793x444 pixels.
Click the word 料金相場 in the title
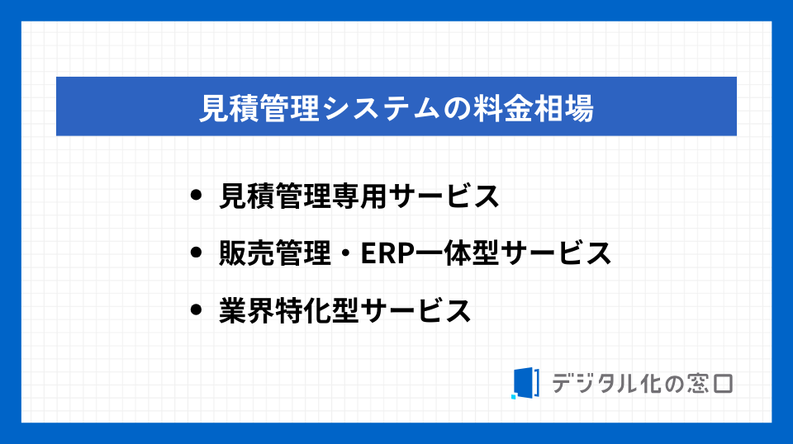pyautogui.click(x=534, y=108)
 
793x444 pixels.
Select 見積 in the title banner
pyautogui.click(x=229, y=108)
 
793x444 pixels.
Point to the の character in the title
pyautogui.click(x=457, y=109)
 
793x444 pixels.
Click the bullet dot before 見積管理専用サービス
pyautogui.click(x=196, y=195)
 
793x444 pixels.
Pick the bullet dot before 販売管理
pyautogui.click(x=196, y=252)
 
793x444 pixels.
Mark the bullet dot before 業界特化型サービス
pyautogui.click(x=196, y=309)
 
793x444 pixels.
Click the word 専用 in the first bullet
pyautogui.click(x=359, y=196)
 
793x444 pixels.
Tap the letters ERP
pyautogui.click(x=387, y=253)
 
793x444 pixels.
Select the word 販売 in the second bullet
pyautogui.click(x=247, y=253)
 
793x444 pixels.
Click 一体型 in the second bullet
pyautogui.click(x=457, y=253)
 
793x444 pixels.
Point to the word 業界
pyautogui.click(x=247, y=310)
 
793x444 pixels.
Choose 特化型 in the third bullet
pyautogui.click(x=317, y=310)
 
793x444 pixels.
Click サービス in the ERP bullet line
pyautogui.click(x=556, y=253)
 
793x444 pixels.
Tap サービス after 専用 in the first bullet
pyautogui.click(x=444, y=196)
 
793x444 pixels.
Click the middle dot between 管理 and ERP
pyautogui.click(x=345, y=253)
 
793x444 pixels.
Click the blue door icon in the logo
pyautogui.click(x=525, y=383)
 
